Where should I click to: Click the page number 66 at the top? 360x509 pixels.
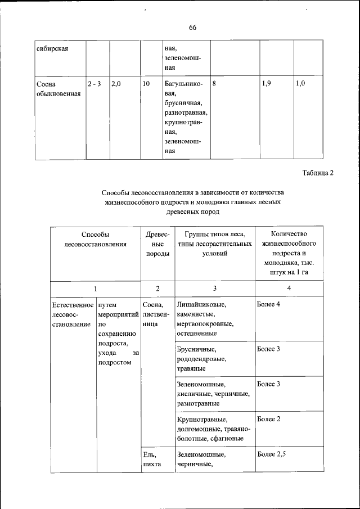point(192,28)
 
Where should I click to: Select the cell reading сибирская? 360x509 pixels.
point(52,48)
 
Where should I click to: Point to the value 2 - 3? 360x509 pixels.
point(94,83)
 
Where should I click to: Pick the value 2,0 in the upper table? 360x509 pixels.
point(117,83)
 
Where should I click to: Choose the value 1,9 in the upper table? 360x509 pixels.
point(267,83)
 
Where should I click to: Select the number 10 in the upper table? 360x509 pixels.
point(146,83)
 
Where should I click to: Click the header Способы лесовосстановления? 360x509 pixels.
point(94,239)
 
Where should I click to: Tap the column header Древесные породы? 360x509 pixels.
point(157,244)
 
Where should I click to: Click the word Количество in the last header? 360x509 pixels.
point(289,234)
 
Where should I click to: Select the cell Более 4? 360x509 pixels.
point(269,304)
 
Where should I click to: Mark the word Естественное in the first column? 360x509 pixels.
point(73,304)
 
